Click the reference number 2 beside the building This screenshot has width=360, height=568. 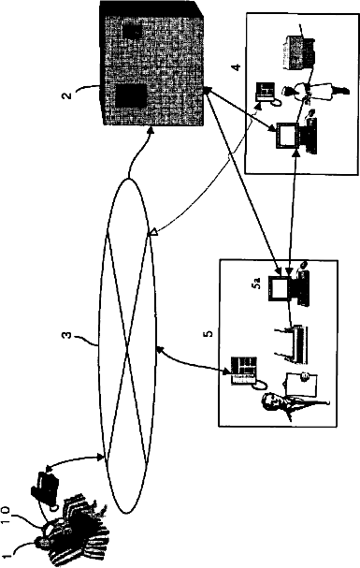coord(66,95)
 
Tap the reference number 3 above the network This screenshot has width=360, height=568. coord(67,335)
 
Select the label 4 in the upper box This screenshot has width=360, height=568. coord(237,66)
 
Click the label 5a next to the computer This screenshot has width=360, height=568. coord(257,285)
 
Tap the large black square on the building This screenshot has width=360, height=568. coord(131,96)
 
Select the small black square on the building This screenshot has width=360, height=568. coord(131,32)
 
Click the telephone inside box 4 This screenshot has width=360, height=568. coord(266,93)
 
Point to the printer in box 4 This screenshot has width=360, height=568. coord(300,52)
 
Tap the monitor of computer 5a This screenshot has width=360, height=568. coord(279,288)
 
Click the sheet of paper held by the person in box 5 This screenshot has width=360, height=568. coord(301,386)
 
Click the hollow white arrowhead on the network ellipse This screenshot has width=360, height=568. coord(152,233)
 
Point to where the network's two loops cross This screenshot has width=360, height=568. coord(127,346)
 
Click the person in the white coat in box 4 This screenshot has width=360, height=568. coord(316,92)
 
